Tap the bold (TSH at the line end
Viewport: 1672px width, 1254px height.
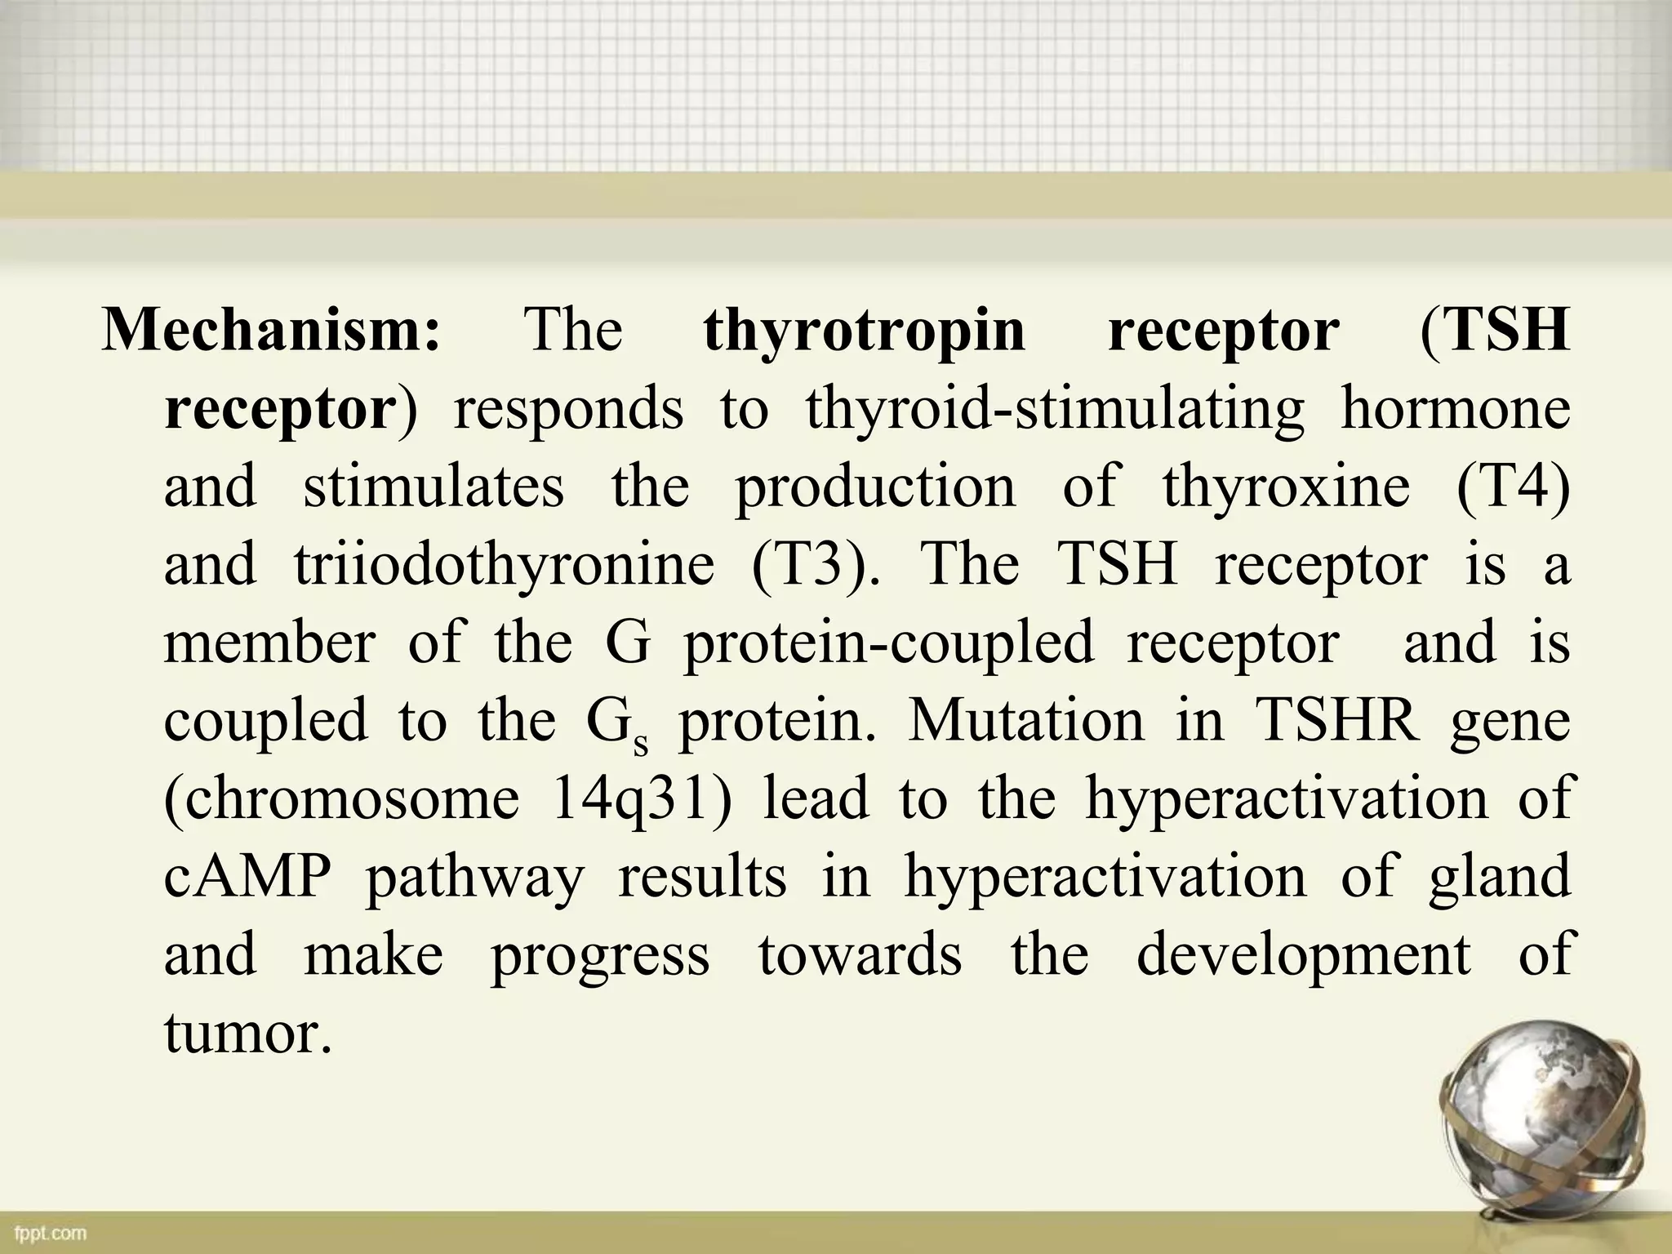[x=1495, y=331]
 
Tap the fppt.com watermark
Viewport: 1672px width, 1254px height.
[x=50, y=1232]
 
